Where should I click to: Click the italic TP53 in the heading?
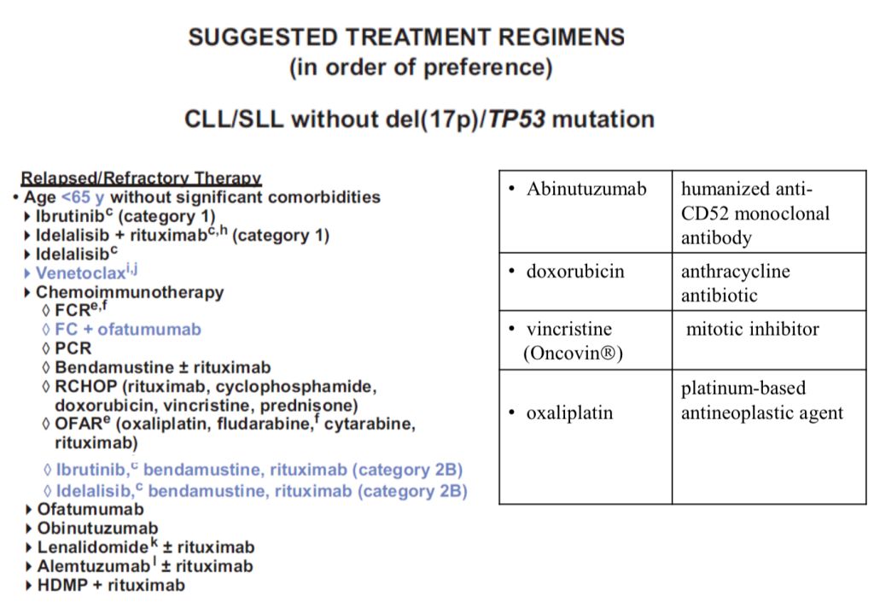pyautogui.click(x=516, y=120)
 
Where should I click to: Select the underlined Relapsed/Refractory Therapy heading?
pyautogui.click(x=141, y=178)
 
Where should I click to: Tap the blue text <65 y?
pyautogui.click(x=83, y=197)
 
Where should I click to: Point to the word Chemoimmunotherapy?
pyautogui.click(x=130, y=292)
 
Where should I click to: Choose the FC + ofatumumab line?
pyautogui.click(x=128, y=330)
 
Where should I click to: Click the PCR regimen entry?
pyautogui.click(x=73, y=348)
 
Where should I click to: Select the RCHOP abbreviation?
pyautogui.click(x=86, y=387)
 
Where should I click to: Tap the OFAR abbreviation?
pyautogui.click(x=79, y=424)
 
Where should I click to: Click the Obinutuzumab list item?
pyautogui.click(x=97, y=528)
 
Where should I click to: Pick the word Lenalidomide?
pyautogui.click(x=93, y=547)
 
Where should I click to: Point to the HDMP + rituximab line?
pyautogui.click(x=111, y=585)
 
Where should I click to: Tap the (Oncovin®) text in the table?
pyautogui.click(x=573, y=353)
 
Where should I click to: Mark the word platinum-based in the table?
pyautogui.click(x=743, y=388)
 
